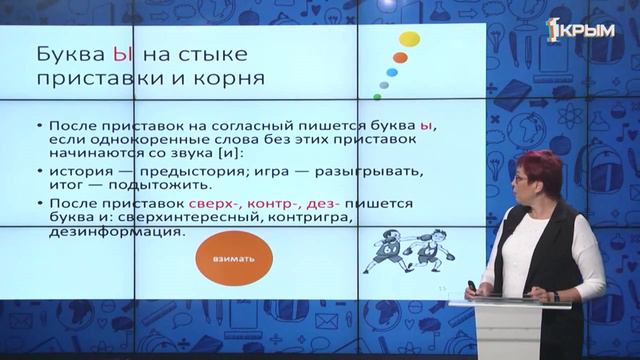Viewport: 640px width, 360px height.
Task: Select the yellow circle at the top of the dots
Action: pos(409,39)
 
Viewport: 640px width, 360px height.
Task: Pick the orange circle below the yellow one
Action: pos(400,58)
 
